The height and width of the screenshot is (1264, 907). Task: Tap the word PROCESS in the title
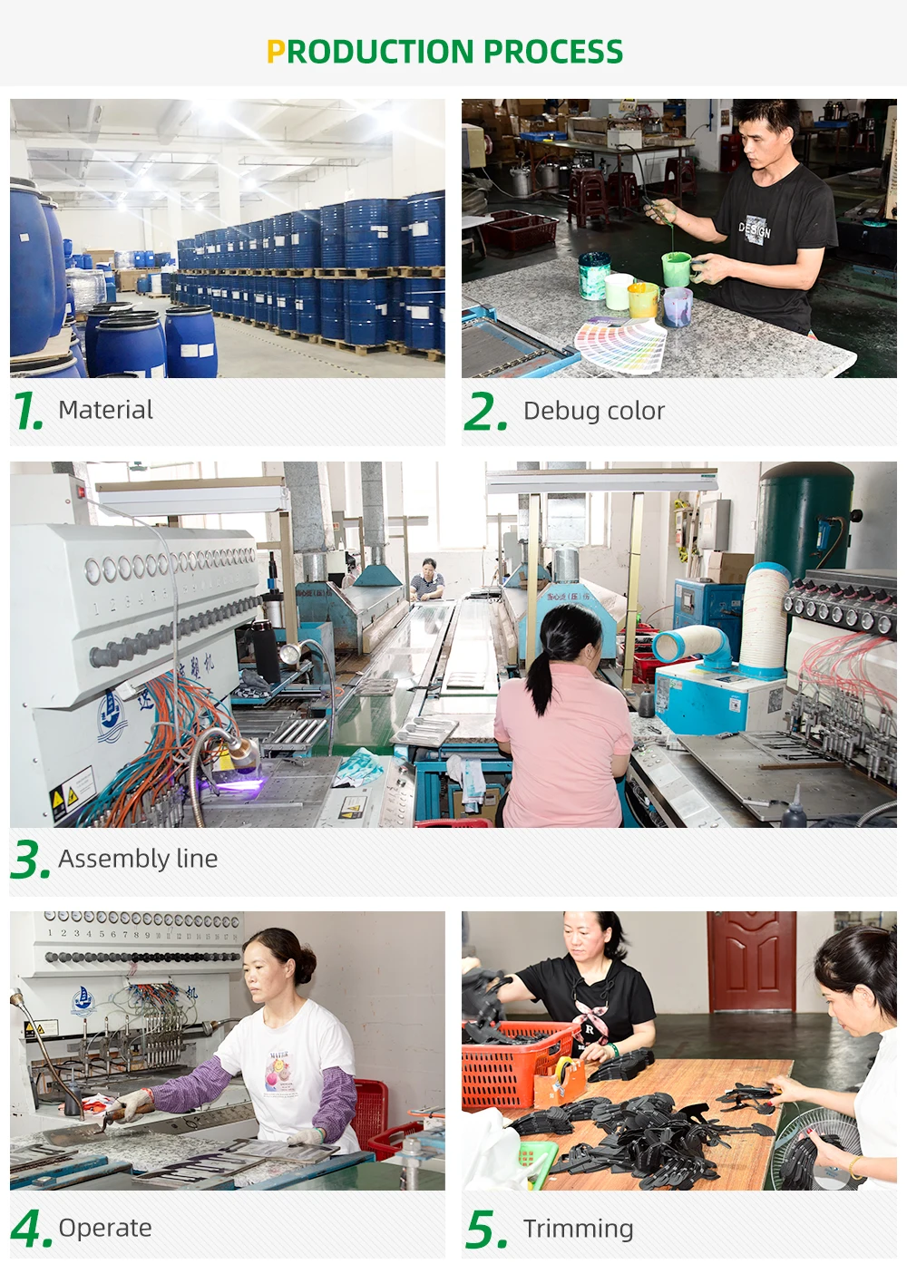point(553,52)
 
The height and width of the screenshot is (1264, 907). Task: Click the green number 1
point(26,410)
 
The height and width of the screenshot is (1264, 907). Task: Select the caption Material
point(105,410)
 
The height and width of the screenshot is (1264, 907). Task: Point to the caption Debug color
point(594,412)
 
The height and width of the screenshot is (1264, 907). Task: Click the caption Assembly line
point(138,859)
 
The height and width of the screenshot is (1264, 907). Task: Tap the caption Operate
point(105,1228)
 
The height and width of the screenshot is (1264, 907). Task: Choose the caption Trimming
point(578,1229)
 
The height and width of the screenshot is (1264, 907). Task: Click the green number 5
point(485,1229)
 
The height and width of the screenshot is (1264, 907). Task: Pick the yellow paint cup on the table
point(643,299)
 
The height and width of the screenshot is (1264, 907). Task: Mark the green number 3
point(30,860)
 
